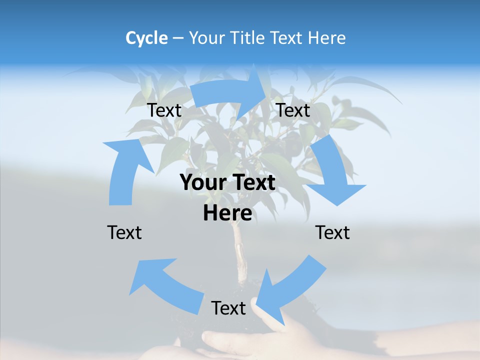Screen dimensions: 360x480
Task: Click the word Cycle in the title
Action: pos(146,38)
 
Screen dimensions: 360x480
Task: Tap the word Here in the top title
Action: pos(326,38)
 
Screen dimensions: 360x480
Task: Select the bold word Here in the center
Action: pos(227,213)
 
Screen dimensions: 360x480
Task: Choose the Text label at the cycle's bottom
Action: pos(228,308)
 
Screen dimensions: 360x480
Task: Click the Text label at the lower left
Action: pos(124,232)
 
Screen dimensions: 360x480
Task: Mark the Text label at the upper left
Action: pos(164,110)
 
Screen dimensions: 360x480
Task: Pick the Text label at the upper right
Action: pos(293,110)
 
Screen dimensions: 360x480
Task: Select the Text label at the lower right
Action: pos(332,232)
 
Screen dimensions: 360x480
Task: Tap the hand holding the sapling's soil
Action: pos(280,340)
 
